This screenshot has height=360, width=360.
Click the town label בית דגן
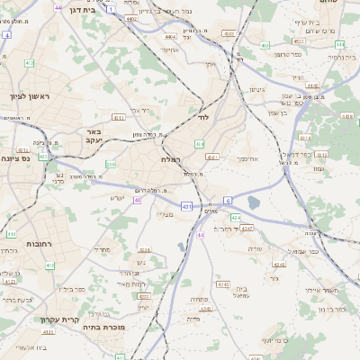point(77,7)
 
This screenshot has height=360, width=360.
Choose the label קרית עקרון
point(59,319)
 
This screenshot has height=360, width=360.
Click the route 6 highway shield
point(228,200)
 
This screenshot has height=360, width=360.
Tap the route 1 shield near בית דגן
point(111,8)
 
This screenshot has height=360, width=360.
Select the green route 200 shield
point(111,165)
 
